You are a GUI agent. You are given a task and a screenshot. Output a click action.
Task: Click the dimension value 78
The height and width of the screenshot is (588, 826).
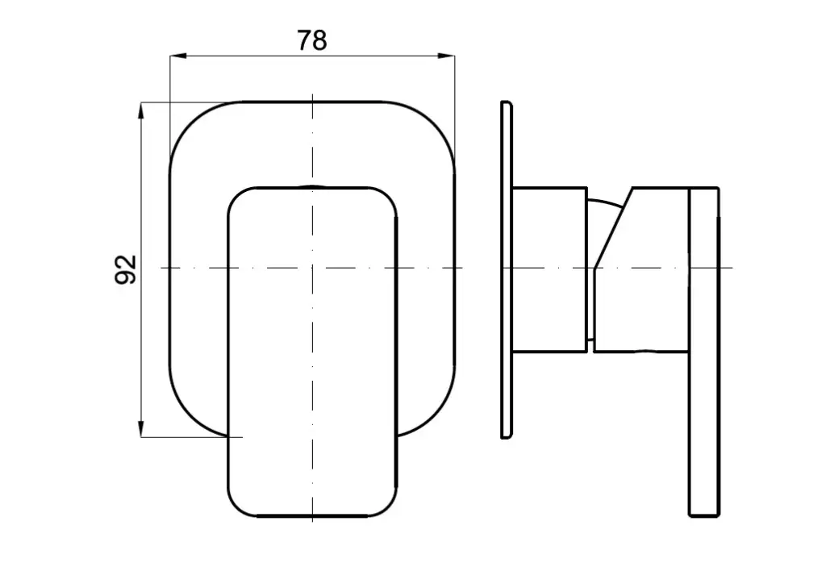[x=312, y=40]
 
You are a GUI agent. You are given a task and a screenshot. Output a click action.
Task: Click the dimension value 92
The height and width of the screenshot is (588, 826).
[x=125, y=269]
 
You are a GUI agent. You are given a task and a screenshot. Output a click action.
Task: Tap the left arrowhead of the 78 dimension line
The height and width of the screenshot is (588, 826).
[x=178, y=56]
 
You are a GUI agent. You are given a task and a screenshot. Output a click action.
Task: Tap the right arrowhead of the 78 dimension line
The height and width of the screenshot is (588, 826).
[x=447, y=56]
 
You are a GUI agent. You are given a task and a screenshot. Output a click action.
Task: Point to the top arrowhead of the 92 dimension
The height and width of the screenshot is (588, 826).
[x=141, y=111]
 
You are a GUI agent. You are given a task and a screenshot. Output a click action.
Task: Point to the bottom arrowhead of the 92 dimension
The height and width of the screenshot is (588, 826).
[x=141, y=428]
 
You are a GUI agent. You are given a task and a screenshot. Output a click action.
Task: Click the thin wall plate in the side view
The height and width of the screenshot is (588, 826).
[x=507, y=269]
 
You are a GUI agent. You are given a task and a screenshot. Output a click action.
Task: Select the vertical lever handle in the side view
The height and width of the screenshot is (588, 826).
[x=704, y=352]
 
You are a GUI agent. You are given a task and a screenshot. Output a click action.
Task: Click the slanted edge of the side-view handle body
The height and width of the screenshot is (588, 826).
[x=613, y=227]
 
